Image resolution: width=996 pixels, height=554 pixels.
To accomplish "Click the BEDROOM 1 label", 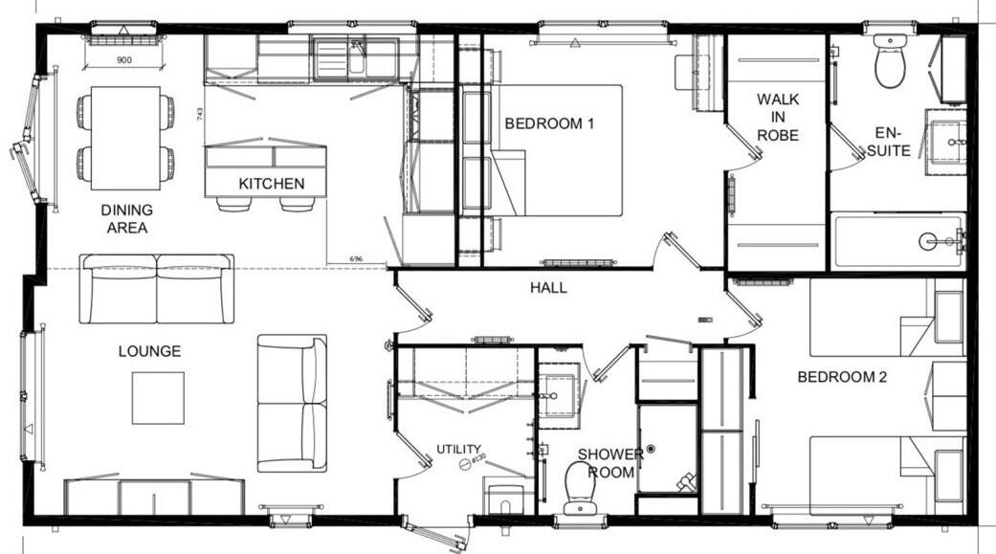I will tap(549, 123).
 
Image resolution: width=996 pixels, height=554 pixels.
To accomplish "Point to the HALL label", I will tap(549, 287).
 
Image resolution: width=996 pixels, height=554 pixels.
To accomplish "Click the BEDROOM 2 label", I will tap(842, 377).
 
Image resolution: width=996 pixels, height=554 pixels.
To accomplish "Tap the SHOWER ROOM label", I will tap(609, 463).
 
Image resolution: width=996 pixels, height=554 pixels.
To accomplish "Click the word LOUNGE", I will tap(149, 351).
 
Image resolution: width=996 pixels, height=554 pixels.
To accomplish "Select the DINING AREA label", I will tap(126, 218).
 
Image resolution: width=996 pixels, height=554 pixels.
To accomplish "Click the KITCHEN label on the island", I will tap(271, 184).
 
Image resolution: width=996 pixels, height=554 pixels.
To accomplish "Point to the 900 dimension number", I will tap(123, 59).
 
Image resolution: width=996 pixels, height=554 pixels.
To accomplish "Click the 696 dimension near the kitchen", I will tap(355, 259).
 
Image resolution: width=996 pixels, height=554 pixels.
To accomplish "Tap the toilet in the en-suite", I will tap(890, 64).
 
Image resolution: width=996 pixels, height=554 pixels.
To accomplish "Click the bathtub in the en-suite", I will tap(896, 241).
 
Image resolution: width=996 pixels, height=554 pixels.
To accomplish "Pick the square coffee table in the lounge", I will tap(158, 397).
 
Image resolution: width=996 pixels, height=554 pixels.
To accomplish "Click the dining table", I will tap(125, 138).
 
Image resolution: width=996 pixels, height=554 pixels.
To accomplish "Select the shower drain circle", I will tap(651, 448).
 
